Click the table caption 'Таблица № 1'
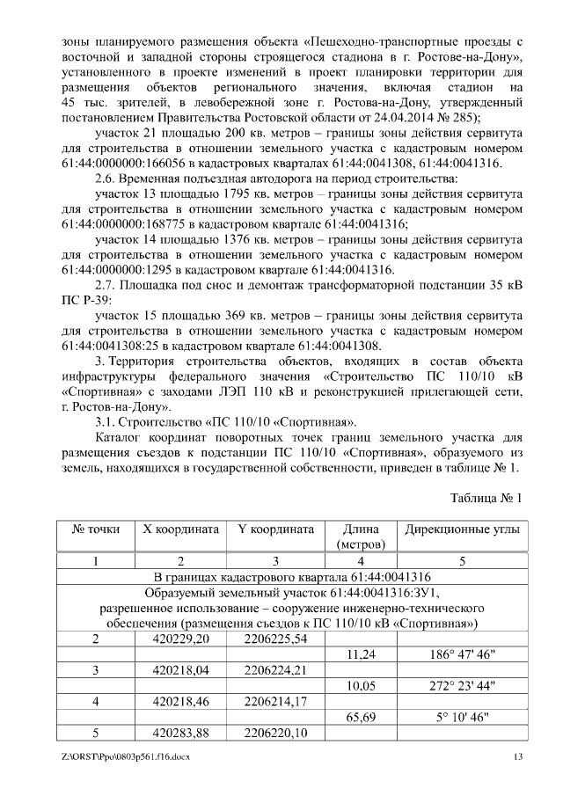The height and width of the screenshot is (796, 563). (486, 497)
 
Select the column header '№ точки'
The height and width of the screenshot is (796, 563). (95, 530)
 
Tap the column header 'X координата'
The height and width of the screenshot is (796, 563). (180, 530)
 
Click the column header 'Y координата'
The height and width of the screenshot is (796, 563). (274, 530)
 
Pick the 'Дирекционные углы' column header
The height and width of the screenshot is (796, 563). (462, 530)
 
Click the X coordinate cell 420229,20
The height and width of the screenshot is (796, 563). (181, 639)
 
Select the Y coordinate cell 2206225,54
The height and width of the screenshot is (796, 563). (275, 639)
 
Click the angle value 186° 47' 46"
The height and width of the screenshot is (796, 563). (462, 654)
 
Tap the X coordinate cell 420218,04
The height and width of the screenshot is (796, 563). (181, 670)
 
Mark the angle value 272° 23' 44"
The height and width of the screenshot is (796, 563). (462, 686)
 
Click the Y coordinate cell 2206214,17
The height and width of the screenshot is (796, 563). (275, 702)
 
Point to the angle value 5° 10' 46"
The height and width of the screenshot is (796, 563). (462, 718)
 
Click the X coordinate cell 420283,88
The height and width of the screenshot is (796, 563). (181, 734)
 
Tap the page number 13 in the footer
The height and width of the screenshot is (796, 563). (517, 757)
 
